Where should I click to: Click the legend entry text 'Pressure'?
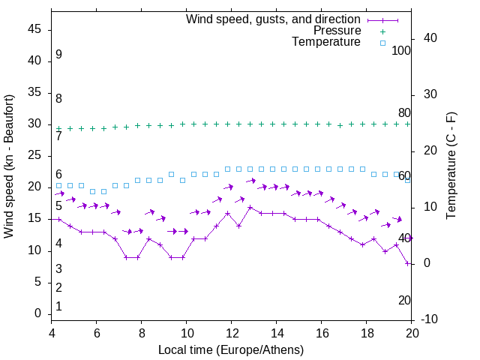[x=337, y=31]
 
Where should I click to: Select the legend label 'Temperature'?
[x=326, y=42]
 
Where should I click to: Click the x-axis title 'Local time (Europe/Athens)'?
[x=231, y=349]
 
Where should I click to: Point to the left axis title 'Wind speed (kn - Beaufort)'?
[x=9, y=166]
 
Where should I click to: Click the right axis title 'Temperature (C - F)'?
[x=451, y=166]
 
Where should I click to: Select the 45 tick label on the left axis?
[x=34, y=29]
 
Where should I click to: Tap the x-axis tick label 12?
[x=232, y=334]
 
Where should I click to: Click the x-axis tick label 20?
[x=412, y=334]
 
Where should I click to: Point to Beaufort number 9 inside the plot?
[x=58, y=55]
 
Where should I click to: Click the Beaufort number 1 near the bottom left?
[x=58, y=307]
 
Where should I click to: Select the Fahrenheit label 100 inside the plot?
[x=401, y=50]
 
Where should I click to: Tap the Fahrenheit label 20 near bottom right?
[x=404, y=301]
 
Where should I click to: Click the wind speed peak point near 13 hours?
[x=250, y=207]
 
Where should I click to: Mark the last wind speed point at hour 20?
[x=407, y=263]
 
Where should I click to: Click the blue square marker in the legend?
[x=382, y=43]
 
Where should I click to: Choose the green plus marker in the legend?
[x=382, y=31]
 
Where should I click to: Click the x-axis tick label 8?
[x=142, y=334]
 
